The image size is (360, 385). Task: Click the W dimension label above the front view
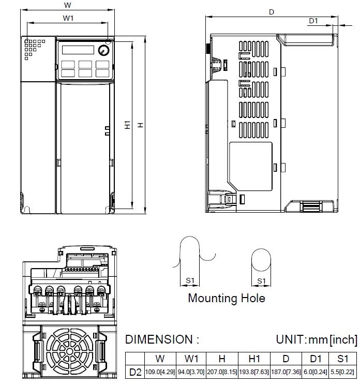pos(67,5)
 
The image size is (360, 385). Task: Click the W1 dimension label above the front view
pos(68,18)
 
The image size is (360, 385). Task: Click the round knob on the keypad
pos(103,50)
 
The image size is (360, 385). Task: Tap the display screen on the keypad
pos(77,50)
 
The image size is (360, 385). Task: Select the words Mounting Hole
pos(226,298)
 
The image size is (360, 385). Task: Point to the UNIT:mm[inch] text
pos(316,340)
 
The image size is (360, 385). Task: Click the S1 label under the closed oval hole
pos(261,281)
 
